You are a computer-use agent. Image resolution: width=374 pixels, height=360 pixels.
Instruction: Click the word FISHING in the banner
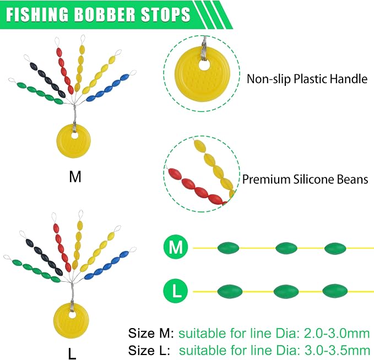tap(37, 14)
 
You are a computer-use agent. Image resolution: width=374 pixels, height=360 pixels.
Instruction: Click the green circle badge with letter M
tap(176, 247)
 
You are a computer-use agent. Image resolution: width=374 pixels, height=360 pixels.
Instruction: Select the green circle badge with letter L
tap(176, 291)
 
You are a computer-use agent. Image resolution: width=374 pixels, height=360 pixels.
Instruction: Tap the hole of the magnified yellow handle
tap(203, 64)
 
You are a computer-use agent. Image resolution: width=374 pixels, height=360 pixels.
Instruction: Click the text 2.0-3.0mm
tap(337, 333)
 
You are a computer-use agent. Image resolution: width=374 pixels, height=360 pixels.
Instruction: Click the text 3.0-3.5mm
tap(337, 351)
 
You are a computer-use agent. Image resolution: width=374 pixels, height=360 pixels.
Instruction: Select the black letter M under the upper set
tap(75, 177)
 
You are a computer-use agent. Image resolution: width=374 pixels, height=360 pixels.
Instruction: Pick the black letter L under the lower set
tap(72, 353)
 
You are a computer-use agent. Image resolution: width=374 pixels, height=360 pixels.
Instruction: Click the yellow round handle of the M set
tap(74, 141)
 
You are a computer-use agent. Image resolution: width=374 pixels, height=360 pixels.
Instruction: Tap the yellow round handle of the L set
tap(71, 320)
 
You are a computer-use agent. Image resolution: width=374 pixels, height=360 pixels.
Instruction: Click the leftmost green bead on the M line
tap(228, 248)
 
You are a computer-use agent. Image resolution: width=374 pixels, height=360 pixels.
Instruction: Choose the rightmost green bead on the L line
tap(335, 291)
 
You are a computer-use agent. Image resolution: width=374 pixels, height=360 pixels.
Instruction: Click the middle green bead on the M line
tap(286, 248)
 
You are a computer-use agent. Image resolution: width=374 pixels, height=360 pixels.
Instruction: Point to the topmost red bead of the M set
tap(59, 52)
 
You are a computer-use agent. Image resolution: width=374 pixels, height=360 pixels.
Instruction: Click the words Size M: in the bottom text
tap(151, 333)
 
